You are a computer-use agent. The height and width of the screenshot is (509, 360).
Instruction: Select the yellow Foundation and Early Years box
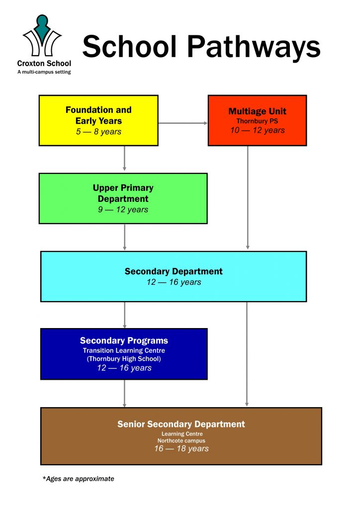tap(98, 120)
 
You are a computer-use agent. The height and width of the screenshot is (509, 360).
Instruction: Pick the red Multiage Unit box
tap(257, 120)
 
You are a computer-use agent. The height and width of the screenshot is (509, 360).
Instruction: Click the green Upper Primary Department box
tap(123, 198)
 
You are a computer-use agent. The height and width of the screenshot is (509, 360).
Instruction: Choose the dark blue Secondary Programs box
tap(124, 354)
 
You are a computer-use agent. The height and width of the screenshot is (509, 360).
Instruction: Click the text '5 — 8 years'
tap(98, 132)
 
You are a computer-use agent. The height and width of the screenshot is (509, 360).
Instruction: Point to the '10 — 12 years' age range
tap(257, 130)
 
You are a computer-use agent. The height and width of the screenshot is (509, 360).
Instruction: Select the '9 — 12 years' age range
tap(123, 209)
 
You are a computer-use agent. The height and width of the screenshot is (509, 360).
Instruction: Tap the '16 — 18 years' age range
tap(181, 448)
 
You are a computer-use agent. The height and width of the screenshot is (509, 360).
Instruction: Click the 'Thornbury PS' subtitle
tap(257, 121)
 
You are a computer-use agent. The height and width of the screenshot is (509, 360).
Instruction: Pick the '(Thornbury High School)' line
tap(124, 358)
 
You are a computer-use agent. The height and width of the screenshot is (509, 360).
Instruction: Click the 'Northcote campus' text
tap(181, 440)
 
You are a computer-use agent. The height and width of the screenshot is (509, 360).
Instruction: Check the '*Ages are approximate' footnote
tap(79, 479)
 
